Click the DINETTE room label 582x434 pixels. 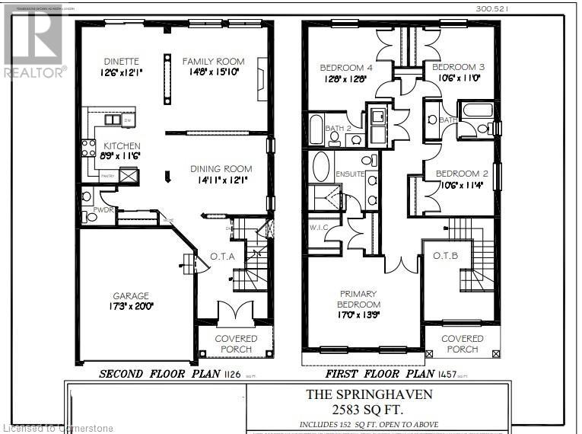[x=121, y=62]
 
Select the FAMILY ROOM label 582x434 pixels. [x=213, y=62]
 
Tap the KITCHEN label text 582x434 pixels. [x=122, y=145]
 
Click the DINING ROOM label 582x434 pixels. [x=221, y=169]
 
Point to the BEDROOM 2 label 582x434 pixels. [x=462, y=174]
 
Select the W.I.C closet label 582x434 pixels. [x=319, y=226]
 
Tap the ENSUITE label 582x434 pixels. [x=350, y=174]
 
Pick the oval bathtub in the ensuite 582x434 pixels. [x=321, y=166]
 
